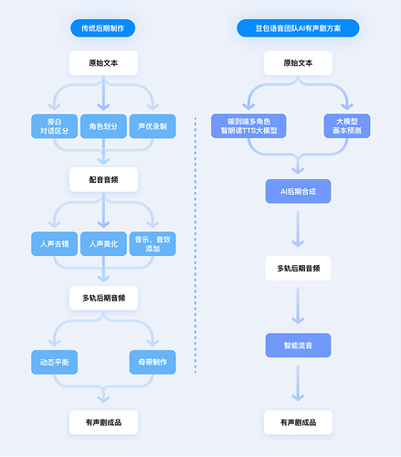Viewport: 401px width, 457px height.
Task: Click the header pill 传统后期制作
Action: click(x=103, y=29)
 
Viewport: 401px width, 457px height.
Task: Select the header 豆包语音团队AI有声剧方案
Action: click(x=298, y=29)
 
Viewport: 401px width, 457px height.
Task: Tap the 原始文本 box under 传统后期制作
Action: click(x=103, y=64)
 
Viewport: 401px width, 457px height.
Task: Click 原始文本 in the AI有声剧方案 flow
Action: click(x=298, y=64)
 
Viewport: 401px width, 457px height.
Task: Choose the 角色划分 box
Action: click(x=103, y=125)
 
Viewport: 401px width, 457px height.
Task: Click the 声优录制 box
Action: click(x=153, y=125)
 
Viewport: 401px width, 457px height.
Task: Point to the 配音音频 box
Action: click(x=103, y=180)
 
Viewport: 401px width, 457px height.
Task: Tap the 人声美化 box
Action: click(x=103, y=244)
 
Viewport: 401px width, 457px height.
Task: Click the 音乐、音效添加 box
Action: click(x=153, y=244)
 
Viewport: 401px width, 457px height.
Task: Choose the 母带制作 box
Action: click(x=153, y=363)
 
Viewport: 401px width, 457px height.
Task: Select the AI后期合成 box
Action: click(x=298, y=191)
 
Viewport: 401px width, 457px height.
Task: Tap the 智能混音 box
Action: click(x=298, y=345)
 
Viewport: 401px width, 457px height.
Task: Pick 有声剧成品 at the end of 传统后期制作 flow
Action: click(x=103, y=421)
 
